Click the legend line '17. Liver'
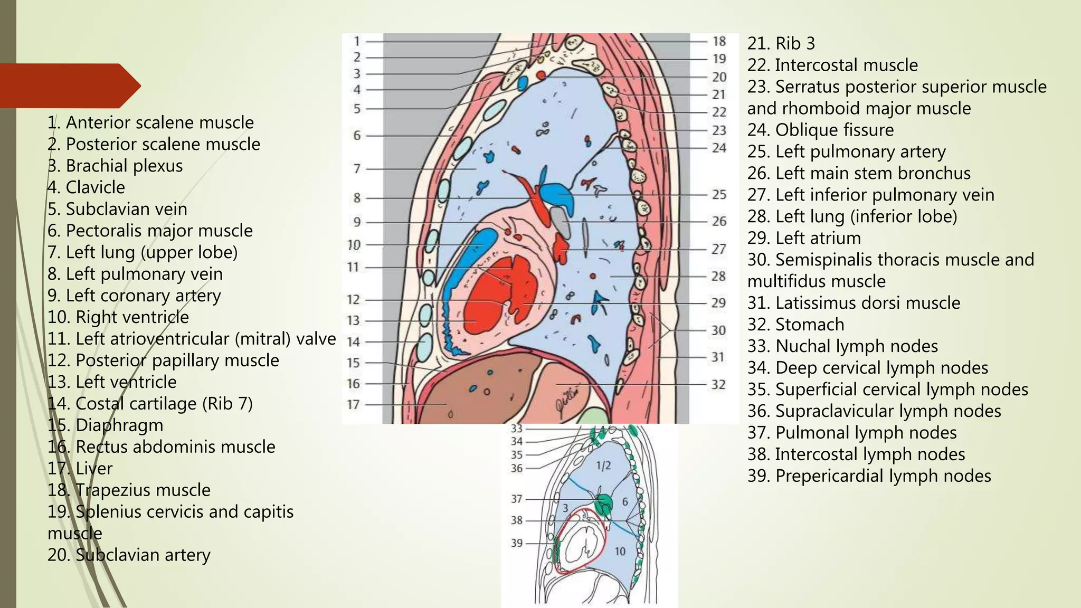point(80,469)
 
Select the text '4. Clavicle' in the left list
point(86,187)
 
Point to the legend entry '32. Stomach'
point(795,325)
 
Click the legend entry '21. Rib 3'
point(781,43)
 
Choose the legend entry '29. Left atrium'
point(803,238)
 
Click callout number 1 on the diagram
point(357,41)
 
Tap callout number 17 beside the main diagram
point(353,405)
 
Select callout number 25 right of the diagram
point(719,195)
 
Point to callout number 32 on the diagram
point(718,385)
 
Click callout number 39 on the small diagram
point(516,543)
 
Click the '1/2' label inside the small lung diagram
point(603,466)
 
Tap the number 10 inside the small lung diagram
point(620,552)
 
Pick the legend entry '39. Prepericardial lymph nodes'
point(869,476)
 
